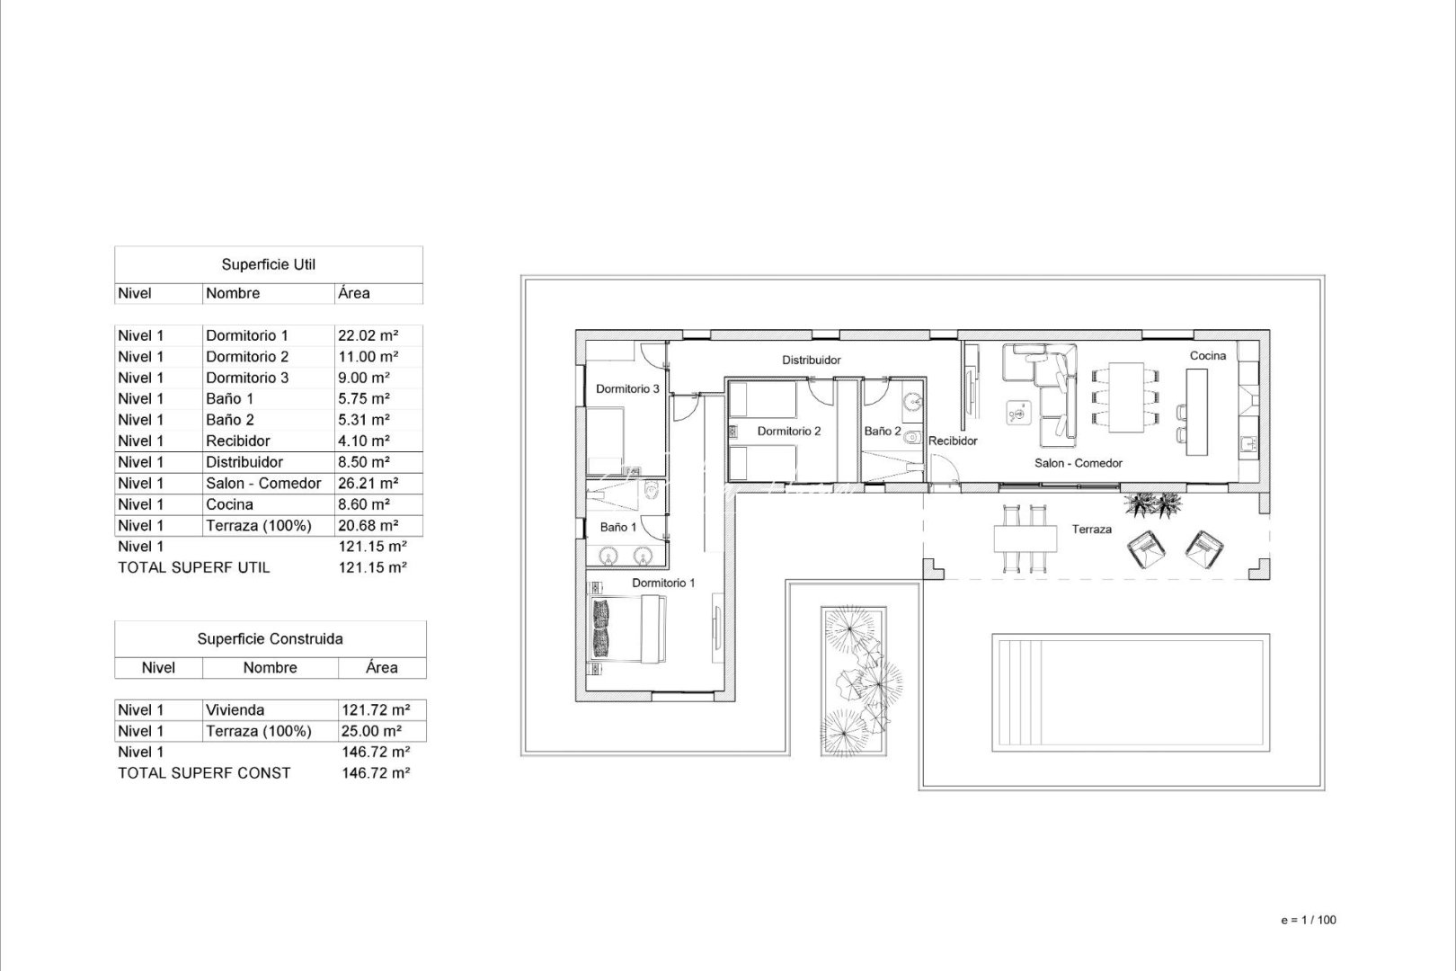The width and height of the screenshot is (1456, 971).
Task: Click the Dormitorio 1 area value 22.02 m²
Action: (368, 335)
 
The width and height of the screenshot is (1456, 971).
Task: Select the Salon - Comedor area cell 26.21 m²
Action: (368, 483)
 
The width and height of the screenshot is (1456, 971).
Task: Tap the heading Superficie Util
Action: (268, 264)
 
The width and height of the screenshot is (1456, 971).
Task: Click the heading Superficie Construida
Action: (270, 639)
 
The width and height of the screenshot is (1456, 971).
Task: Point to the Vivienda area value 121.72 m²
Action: (376, 709)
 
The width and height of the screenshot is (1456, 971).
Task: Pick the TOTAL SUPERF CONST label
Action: (204, 772)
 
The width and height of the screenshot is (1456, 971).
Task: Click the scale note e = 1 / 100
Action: (1308, 920)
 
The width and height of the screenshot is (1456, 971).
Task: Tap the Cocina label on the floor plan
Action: (1207, 356)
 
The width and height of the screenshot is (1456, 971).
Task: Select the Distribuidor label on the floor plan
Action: (811, 360)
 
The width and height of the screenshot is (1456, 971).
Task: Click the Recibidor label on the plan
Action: (953, 441)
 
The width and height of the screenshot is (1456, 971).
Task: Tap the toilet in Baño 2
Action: (913, 439)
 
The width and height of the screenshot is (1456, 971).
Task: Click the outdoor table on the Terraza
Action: (1025, 539)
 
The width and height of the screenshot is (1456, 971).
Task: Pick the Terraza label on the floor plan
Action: (1091, 530)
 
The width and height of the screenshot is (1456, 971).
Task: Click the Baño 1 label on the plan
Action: (618, 527)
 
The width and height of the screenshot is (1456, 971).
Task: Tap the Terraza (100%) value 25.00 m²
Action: (371, 731)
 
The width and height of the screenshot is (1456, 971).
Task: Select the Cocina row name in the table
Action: (229, 504)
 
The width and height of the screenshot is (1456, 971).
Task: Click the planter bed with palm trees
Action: (854, 681)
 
